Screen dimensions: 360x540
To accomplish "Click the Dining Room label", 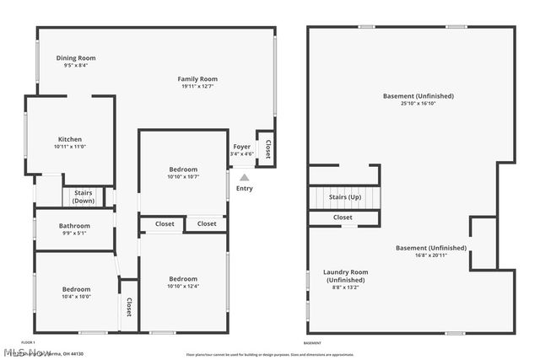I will [x=76, y=58].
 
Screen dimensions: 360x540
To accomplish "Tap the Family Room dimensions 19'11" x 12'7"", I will [x=198, y=86].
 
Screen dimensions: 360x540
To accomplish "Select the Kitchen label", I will [x=70, y=139].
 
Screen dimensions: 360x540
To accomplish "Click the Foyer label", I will [x=242, y=146].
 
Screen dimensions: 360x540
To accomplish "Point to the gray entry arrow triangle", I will [x=245, y=178].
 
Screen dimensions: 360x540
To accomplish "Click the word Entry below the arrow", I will [x=245, y=189].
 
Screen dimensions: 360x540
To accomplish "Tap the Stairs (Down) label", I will [x=84, y=197].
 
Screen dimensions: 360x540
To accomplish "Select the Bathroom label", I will [x=74, y=226].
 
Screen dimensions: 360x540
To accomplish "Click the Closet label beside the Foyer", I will [x=267, y=150].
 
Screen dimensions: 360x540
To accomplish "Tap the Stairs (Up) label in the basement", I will [x=344, y=196].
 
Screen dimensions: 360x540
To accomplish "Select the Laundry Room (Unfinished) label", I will [x=346, y=276].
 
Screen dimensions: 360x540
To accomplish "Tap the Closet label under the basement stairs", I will [x=343, y=218].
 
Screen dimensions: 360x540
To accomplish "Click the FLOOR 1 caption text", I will [x=28, y=342].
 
